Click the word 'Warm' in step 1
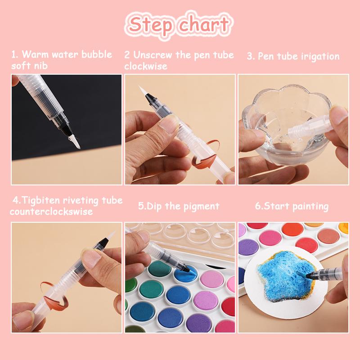(35, 54)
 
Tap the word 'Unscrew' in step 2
(150, 55)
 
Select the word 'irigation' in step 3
(319, 57)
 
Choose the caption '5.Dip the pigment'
(179, 207)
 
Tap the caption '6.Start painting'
(292, 207)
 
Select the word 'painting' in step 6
(310, 207)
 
